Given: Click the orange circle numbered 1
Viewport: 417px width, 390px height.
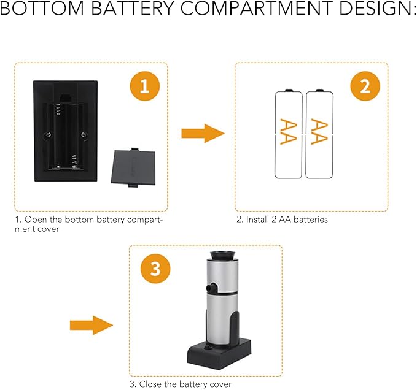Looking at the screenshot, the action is click(x=145, y=86).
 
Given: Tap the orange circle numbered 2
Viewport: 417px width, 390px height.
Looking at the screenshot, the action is click(x=365, y=86).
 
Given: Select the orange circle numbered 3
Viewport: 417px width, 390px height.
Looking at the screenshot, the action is click(x=155, y=269).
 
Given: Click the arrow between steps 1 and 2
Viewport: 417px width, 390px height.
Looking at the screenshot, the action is click(x=203, y=133).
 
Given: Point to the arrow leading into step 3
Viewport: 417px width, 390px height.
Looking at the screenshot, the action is click(x=92, y=325).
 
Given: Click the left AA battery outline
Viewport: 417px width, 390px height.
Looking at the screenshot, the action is click(x=289, y=134).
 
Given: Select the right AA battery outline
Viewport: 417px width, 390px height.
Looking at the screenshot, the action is click(x=319, y=134).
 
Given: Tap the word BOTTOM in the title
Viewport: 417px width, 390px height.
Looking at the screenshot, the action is click(x=42, y=8).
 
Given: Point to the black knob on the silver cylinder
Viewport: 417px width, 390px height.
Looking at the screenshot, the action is click(x=212, y=287).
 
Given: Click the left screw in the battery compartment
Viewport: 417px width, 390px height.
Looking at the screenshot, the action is click(x=48, y=135).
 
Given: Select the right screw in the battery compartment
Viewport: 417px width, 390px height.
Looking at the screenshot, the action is click(x=84, y=135).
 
